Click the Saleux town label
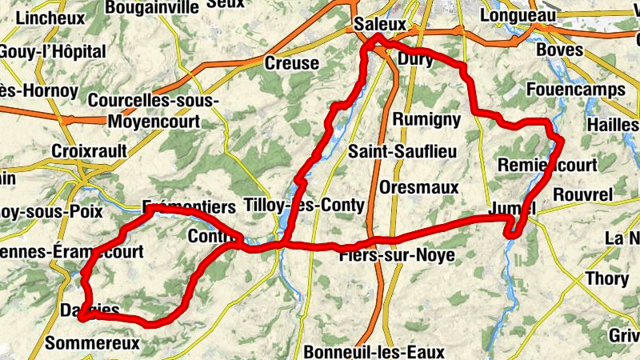pyautogui.click(x=380, y=26)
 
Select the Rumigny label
pyautogui.click(x=428, y=119)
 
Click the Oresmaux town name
pyautogui.click(x=419, y=187)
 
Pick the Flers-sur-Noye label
pyautogui.click(x=397, y=255)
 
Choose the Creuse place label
pyautogui.click(x=291, y=64)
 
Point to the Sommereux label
pyautogui.click(x=93, y=344)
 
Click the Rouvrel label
pyautogui.click(x=582, y=194)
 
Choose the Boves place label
pyautogui.click(x=560, y=50)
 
